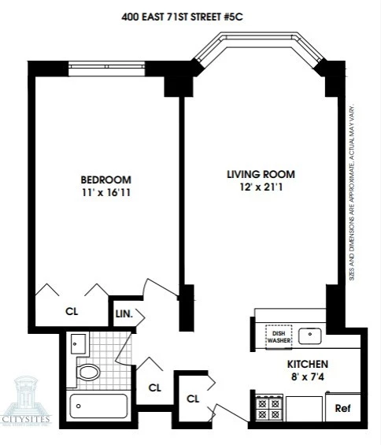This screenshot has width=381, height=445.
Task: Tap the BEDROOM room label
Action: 105,179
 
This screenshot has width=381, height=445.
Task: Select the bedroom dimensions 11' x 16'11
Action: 105,193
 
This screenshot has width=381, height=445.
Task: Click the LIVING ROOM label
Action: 261,174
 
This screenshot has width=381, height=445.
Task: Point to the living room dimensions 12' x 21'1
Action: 261,188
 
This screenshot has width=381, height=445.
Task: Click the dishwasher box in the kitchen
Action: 278,336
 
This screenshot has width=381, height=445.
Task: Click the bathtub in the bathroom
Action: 98,406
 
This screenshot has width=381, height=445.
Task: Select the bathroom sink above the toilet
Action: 77,343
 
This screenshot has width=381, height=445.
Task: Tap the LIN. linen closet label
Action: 123,313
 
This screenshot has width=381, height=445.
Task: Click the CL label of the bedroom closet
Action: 70,310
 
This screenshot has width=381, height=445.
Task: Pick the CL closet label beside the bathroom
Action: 155,387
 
